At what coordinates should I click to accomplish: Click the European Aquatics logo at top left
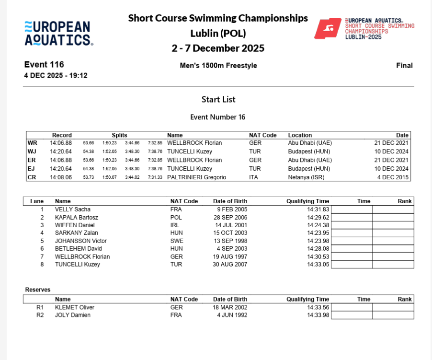click(x=57, y=33)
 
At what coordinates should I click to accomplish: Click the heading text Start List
click(x=218, y=99)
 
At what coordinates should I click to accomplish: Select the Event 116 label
click(x=44, y=65)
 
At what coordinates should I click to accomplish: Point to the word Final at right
click(x=404, y=66)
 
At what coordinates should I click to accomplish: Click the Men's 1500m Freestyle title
click(x=218, y=66)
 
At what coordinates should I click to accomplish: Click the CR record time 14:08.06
click(x=61, y=177)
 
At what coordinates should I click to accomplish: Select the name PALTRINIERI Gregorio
click(x=197, y=177)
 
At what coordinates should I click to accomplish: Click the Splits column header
click(x=119, y=135)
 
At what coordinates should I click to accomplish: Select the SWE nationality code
click(x=176, y=241)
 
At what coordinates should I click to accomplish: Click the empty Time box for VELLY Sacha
click(x=352, y=209)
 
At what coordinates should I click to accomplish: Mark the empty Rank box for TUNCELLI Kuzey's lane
click(x=393, y=264)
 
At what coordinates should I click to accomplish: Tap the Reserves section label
click(x=38, y=290)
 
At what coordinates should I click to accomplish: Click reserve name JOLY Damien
click(x=73, y=315)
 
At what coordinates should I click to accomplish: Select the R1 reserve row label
click(x=40, y=307)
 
